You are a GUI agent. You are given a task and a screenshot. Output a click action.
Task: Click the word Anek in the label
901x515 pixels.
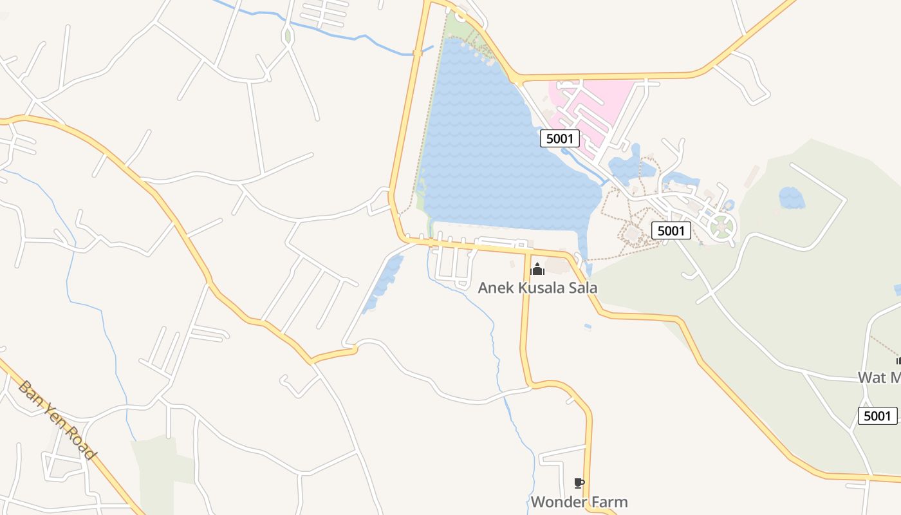click(x=496, y=288)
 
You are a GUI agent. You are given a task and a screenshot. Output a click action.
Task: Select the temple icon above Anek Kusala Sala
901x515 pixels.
click(x=537, y=269)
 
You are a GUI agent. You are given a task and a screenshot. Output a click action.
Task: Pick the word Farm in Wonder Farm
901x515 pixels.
click(x=609, y=501)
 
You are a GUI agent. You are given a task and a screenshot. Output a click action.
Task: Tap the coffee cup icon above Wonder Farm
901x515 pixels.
click(x=579, y=483)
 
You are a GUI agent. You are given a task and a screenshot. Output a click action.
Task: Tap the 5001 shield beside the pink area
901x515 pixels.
click(x=560, y=138)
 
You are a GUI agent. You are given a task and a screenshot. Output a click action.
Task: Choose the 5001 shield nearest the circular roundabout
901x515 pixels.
click(x=671, y=230)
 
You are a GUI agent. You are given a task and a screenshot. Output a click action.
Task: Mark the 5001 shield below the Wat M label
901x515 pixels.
click(x=877, y=416)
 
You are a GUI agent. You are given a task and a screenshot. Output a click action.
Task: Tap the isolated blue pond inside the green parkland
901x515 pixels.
click(x=791, y=198)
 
